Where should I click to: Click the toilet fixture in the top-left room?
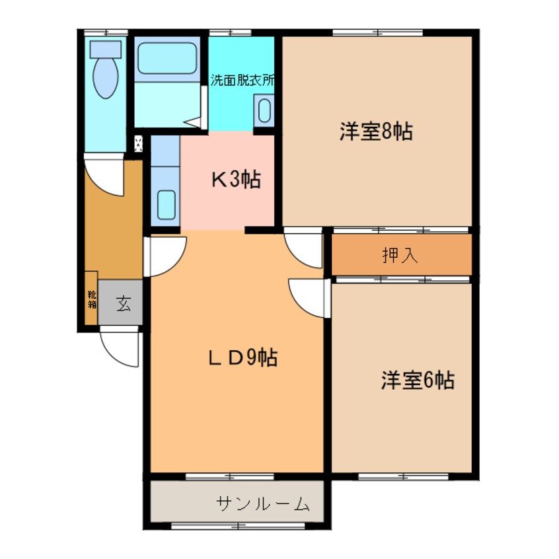(106, 69)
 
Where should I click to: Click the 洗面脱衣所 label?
(242, 81)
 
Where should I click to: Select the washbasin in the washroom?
(264, 110)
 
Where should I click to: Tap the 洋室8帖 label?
(376, 131)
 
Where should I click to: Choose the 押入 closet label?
(400, 256)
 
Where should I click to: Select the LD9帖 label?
(242, 357)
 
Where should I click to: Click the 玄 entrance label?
(122, 303)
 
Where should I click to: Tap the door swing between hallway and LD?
(164, 256)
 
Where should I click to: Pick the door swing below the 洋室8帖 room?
(304, 248)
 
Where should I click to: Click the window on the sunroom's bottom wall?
(237, 526)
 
